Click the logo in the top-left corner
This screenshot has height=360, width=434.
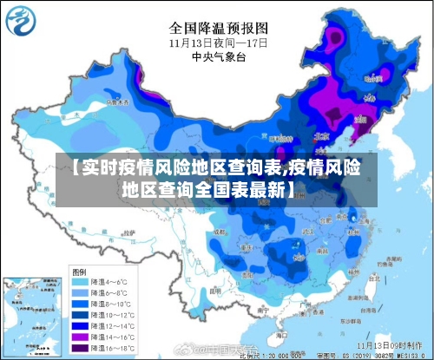(22, 20)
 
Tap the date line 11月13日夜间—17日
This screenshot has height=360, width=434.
(217, 42)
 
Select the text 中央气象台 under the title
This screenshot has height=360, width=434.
(217, 57)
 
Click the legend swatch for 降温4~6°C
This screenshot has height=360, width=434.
(80, 282)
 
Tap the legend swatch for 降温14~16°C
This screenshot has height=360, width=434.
(80, 336)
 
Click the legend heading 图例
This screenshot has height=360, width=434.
(79, 270)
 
